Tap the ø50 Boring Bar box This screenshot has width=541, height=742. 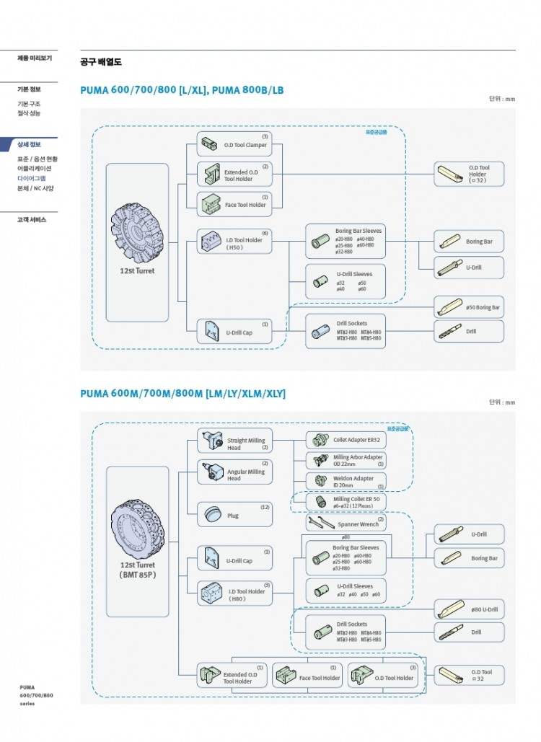tap(469, 307)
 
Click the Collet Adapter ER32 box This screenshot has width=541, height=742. tap(346, 440)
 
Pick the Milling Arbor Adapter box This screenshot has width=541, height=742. tap(346, 461)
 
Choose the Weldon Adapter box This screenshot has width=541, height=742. tap(346, 481)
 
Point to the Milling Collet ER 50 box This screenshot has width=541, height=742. tap(346, 501)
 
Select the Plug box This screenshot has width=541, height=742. tap(225, 515)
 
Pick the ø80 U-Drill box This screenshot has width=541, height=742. tap(469, 609)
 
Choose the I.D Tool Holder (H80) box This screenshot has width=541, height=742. tap(225, 593)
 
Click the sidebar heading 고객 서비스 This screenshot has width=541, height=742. tap(32, 219)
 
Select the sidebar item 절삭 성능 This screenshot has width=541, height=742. tap(29, 113)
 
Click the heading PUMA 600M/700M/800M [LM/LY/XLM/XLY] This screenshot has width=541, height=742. tap(182, 394)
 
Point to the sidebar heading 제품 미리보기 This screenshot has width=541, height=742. tap(34, 58)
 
